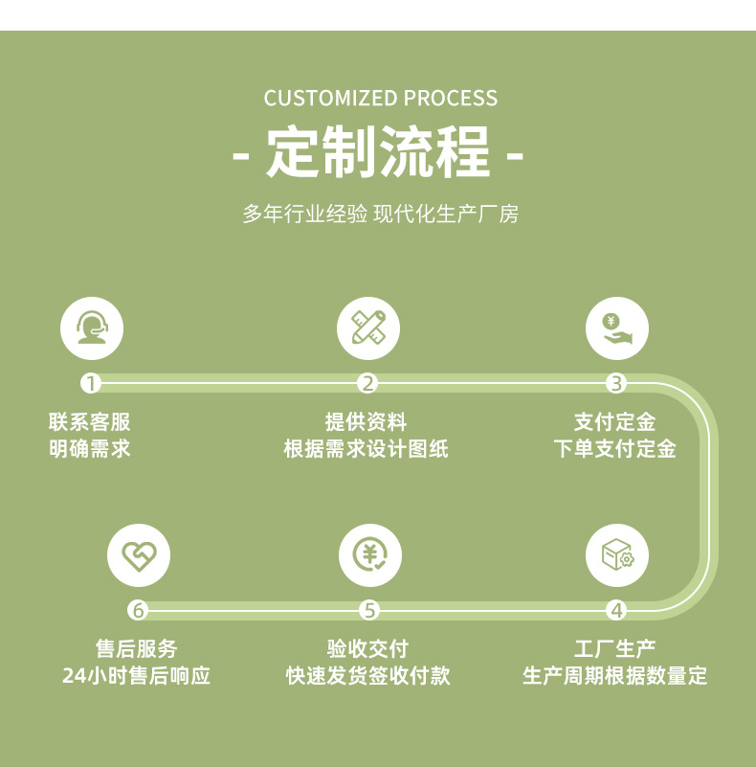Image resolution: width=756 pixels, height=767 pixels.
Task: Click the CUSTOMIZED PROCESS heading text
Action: (x=380, y=99)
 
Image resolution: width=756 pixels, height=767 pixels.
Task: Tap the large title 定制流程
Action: (x=379, y=153)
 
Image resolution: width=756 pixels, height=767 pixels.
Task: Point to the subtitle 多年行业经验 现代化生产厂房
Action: (x=380, y=214)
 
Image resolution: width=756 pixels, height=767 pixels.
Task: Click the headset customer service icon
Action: (x=92, y=328)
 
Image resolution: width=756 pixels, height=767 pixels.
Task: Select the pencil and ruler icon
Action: (x=368, y=328)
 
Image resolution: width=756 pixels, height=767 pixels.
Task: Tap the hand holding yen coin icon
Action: (x=616, y=328)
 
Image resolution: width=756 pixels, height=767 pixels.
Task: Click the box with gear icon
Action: (x=616, y=555)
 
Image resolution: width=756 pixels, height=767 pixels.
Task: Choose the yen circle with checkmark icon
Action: (x=370, y=555)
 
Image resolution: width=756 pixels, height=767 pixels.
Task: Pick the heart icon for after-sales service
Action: (x=138, y=555)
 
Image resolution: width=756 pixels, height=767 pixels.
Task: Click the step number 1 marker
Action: (x=91, y=384)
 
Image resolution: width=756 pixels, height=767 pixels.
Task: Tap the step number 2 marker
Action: (x=368, y=384)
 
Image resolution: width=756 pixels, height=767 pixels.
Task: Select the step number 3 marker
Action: (x=616, y=384)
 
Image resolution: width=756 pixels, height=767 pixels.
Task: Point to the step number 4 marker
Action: (x=616, y=610)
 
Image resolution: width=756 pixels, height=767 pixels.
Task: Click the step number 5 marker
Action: (x=370, y=610)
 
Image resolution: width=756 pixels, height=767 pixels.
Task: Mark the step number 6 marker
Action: (x=138, y=610)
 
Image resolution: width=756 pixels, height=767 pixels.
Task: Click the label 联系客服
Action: (x=90, y=422)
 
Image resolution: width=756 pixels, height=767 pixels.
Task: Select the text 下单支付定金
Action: (x=615, y=449)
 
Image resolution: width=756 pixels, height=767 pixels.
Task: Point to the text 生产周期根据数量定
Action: (x=615, y=676)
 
